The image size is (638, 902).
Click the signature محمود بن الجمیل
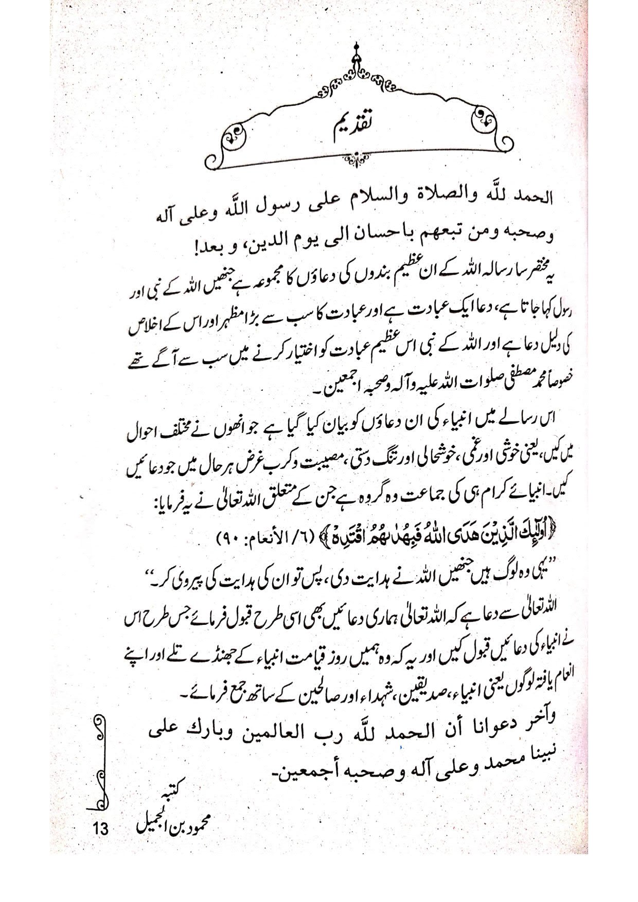[172, 838]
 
